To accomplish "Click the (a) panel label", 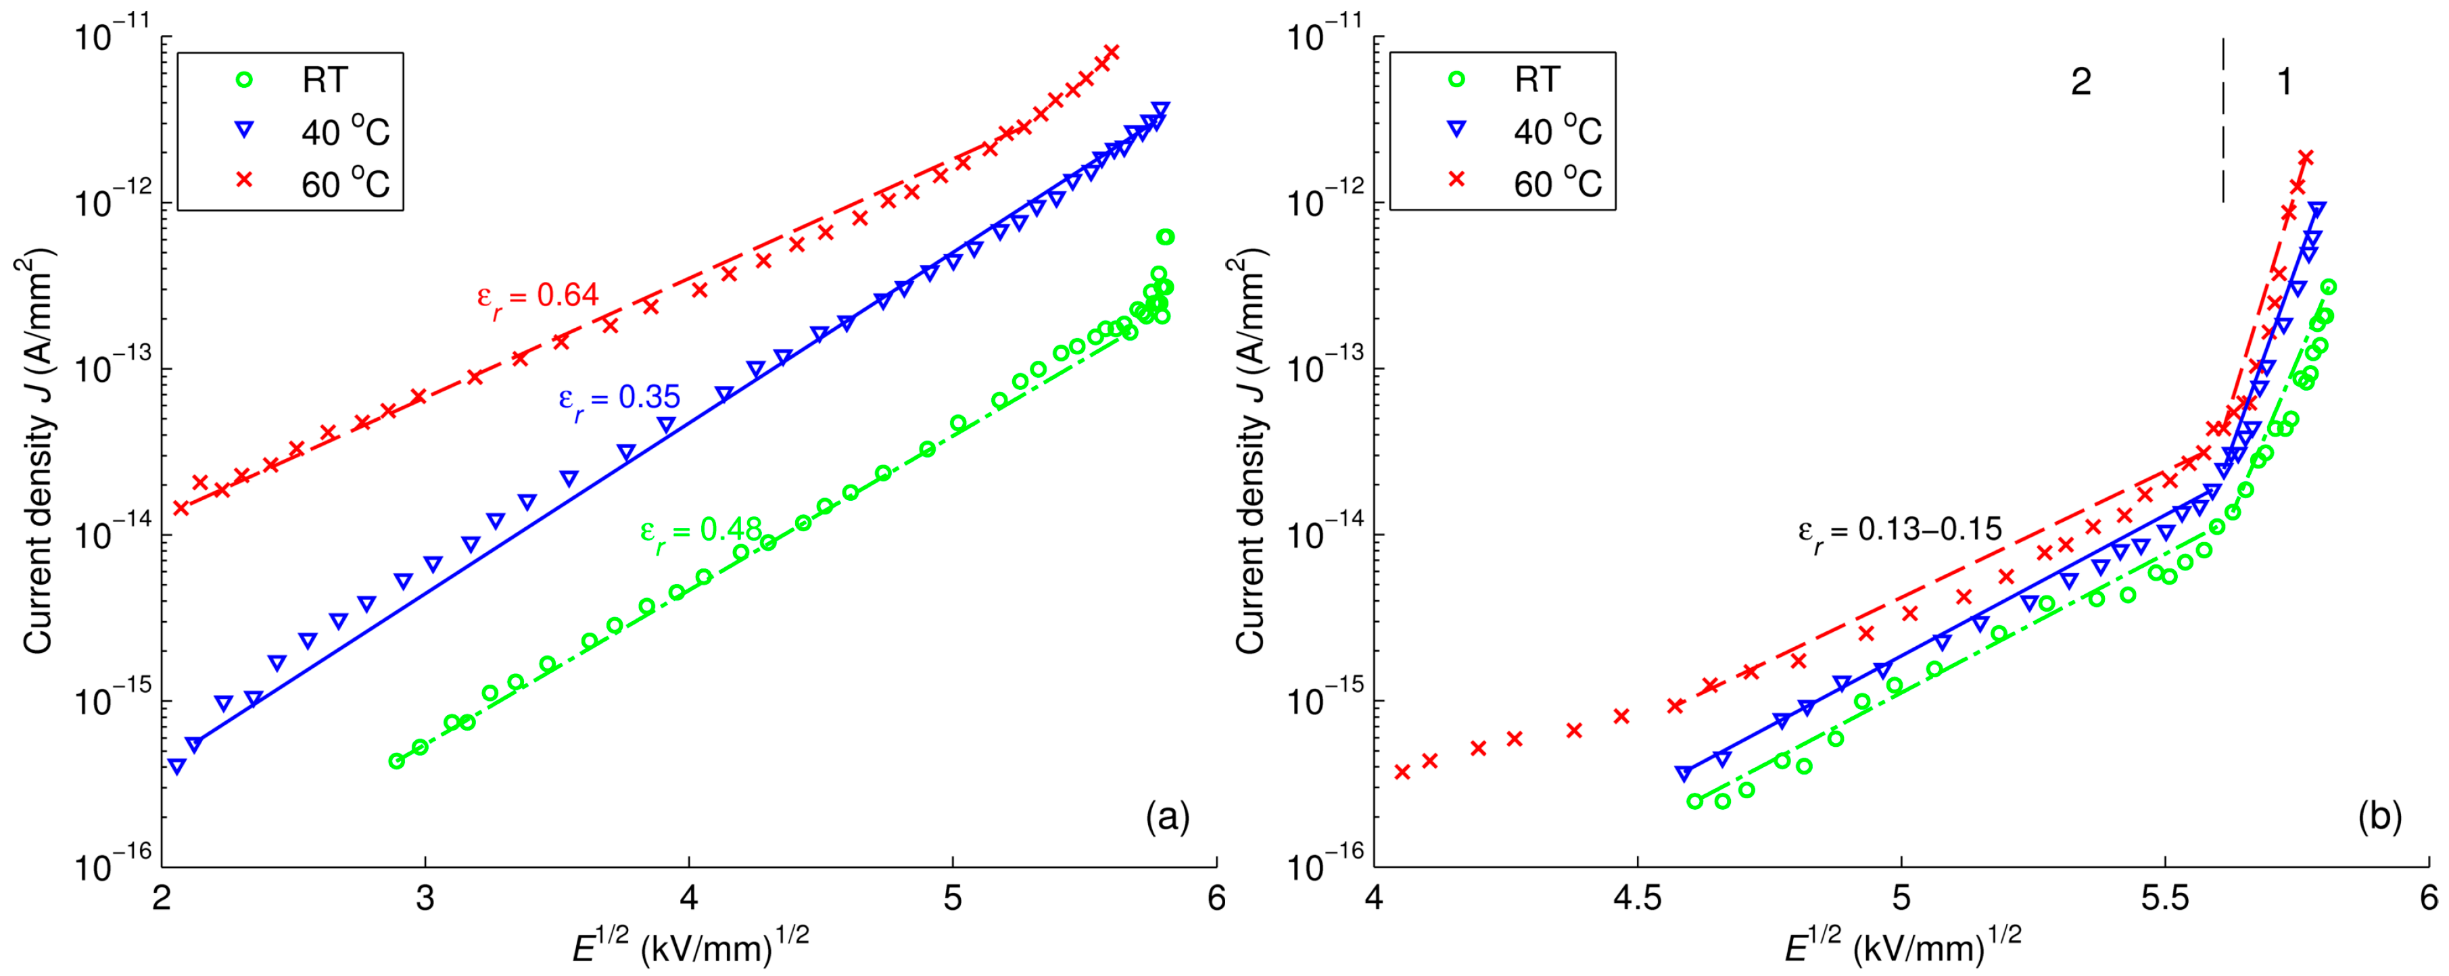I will point(1168,816).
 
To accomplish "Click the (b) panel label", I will point(2379,816).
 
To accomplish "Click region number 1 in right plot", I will point(2285,82).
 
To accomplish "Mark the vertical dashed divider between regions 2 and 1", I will point(2222,124).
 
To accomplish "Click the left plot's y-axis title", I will point(38,452).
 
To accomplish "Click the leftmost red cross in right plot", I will point(1402,772).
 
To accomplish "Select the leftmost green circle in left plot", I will point(396,760).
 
